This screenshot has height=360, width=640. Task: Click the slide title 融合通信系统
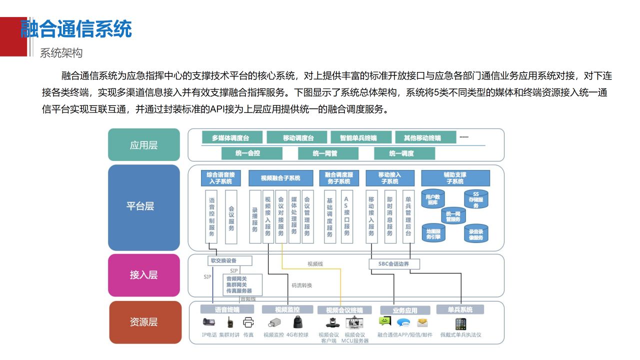coord(76,29)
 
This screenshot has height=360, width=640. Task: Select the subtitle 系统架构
coord(61,53)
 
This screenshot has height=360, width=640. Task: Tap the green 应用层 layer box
coord(143,145)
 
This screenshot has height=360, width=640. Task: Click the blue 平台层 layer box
coord(143,207)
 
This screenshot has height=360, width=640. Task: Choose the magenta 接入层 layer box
coord(143,274)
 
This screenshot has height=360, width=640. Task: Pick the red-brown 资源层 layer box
coord(143,322)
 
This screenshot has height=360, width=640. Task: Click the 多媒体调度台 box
coord(230,137)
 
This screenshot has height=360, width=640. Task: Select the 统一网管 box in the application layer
coord(324,153)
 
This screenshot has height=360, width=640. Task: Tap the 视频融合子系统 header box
coord(280,178)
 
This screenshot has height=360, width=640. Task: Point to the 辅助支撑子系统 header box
coord(455,178)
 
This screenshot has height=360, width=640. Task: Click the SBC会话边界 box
coord(394,263)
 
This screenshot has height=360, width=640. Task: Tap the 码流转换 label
coord(301,285)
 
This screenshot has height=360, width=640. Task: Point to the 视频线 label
coord(315,263)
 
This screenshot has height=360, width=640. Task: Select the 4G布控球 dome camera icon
coord(297,323)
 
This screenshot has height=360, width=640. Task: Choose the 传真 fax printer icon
coord(248,322)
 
